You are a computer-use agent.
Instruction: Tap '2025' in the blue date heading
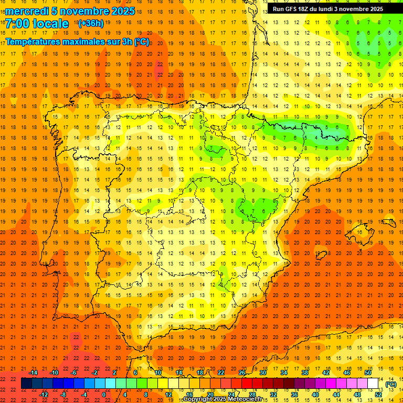123,11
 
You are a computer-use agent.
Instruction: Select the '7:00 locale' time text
37,24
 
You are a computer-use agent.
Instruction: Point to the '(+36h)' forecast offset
91,24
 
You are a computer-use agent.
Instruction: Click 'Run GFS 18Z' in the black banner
291,9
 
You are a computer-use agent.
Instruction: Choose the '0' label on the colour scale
104,394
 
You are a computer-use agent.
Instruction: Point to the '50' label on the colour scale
367,373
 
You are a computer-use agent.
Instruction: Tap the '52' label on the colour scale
378,394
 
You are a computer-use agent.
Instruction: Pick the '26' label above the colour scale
242,373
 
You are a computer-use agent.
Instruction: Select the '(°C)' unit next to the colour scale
391,384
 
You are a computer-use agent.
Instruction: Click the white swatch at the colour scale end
373,384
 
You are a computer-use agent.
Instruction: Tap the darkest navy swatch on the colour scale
26,384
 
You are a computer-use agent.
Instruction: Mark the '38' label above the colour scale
304,373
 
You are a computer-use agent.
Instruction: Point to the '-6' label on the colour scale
74,373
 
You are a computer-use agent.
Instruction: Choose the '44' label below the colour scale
336,394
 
